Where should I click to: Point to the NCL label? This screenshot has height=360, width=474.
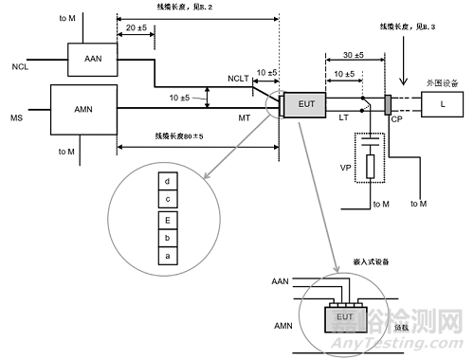point(21,68)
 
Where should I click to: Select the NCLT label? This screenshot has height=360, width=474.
point(241,79)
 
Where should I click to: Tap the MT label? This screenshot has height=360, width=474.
point(246,118)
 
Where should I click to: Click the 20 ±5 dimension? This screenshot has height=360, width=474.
point(136,28)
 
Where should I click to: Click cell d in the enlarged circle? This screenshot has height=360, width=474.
point(167,179)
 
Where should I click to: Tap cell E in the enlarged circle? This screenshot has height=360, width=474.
point(167,221)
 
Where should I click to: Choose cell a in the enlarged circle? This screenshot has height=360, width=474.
point(167,257)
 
